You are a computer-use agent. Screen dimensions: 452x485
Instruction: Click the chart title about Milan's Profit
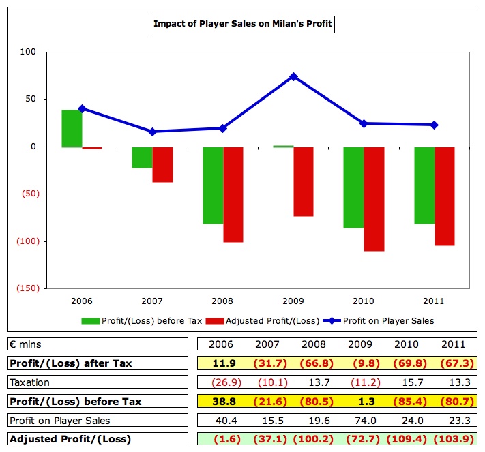(x=243, y=25)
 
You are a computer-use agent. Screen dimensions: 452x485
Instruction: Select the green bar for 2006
(x=72, y=128)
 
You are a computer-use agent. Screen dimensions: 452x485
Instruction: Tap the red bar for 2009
(x=304, y=181)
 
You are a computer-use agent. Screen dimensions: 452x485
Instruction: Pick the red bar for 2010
(x=374, y=198)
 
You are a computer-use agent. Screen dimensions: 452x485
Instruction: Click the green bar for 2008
(x=213, y=185)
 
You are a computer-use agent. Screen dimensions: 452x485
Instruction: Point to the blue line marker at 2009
(x=293, y=76)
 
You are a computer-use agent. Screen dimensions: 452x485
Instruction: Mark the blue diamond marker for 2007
(x=152, y=132)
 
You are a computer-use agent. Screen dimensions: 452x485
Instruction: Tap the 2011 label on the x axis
(x=434, y=301)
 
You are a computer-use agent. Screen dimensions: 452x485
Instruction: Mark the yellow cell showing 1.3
(x=358, y=401)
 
